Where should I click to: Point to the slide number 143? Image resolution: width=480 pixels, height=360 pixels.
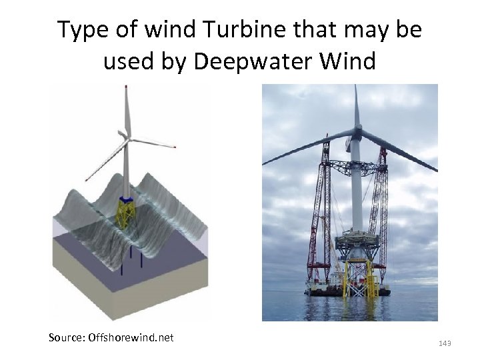[445, 343]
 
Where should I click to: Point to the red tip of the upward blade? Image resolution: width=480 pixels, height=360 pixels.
[125, 88]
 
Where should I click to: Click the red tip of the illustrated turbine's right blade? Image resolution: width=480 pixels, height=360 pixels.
[174, 146]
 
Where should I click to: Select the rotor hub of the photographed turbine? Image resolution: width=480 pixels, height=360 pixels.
[357, 133]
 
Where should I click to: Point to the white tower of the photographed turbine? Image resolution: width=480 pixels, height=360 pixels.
[357, 193]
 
